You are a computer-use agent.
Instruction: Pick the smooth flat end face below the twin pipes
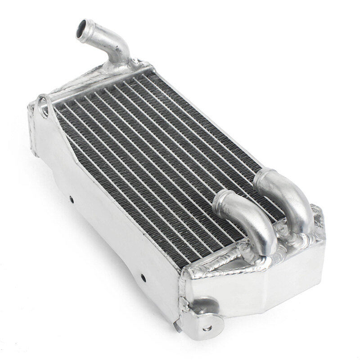(252, 297)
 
